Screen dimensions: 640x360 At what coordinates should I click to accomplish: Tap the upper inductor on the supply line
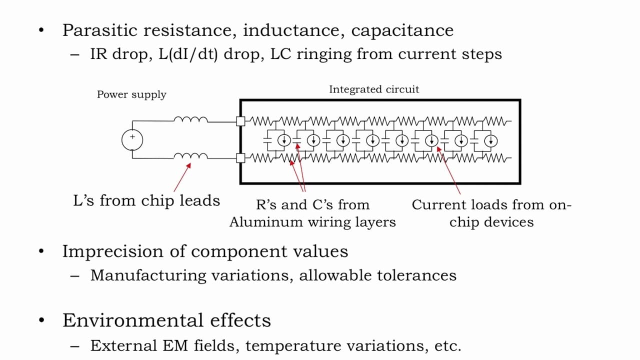point(191,119)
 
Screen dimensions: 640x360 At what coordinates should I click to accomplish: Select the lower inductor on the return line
point(191,156)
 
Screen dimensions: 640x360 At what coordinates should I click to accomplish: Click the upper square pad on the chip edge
point(240,121)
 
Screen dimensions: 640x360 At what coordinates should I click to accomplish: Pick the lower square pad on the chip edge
point(240,158)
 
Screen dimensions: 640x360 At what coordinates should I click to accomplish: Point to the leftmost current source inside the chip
point(284,140)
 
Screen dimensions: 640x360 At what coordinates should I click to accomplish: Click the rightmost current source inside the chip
point(491,141)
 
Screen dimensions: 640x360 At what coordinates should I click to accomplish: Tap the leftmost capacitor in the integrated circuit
point(267,140)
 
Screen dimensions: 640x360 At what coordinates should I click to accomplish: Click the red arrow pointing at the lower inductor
point(182,177)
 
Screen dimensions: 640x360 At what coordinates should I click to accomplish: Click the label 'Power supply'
point(131,94)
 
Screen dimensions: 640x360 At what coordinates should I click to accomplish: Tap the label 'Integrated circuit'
point(374,89)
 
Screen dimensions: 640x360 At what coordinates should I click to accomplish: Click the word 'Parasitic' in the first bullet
point(99,30)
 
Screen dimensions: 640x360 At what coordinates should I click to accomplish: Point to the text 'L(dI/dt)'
point(188,54)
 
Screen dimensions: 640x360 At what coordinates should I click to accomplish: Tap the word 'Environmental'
point(133,320)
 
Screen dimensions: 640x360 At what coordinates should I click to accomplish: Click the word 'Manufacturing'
point(148,275)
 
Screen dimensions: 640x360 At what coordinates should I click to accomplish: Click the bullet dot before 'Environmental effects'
point(41,320)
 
